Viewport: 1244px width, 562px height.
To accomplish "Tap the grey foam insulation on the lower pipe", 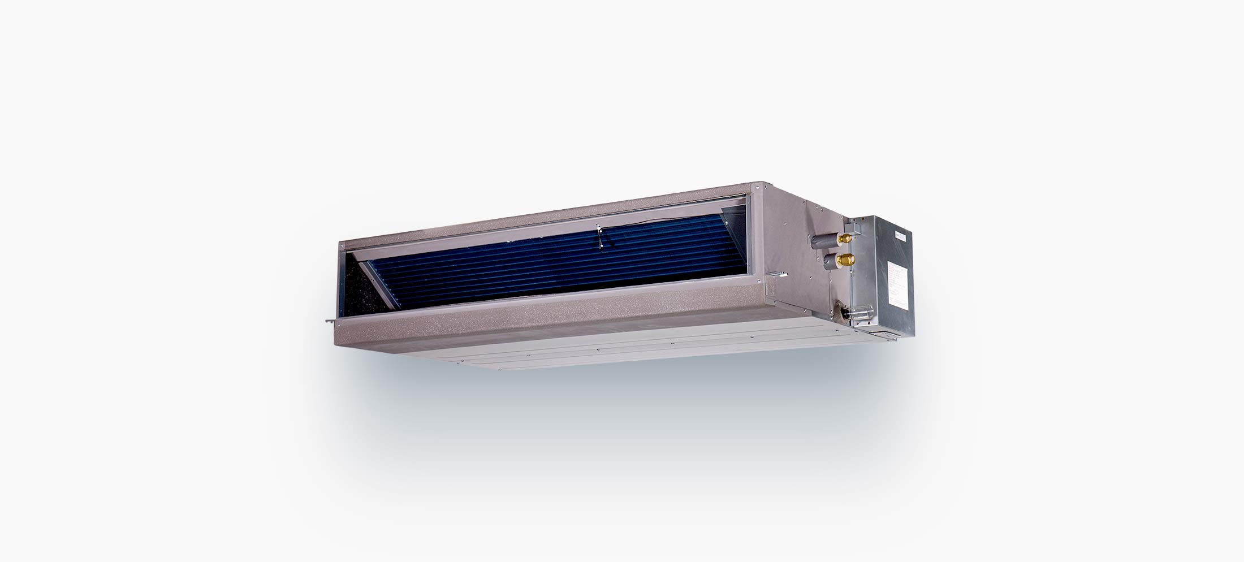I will (x=828, y=262).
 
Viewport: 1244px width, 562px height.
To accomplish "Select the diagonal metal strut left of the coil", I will (x=376, y=283).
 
